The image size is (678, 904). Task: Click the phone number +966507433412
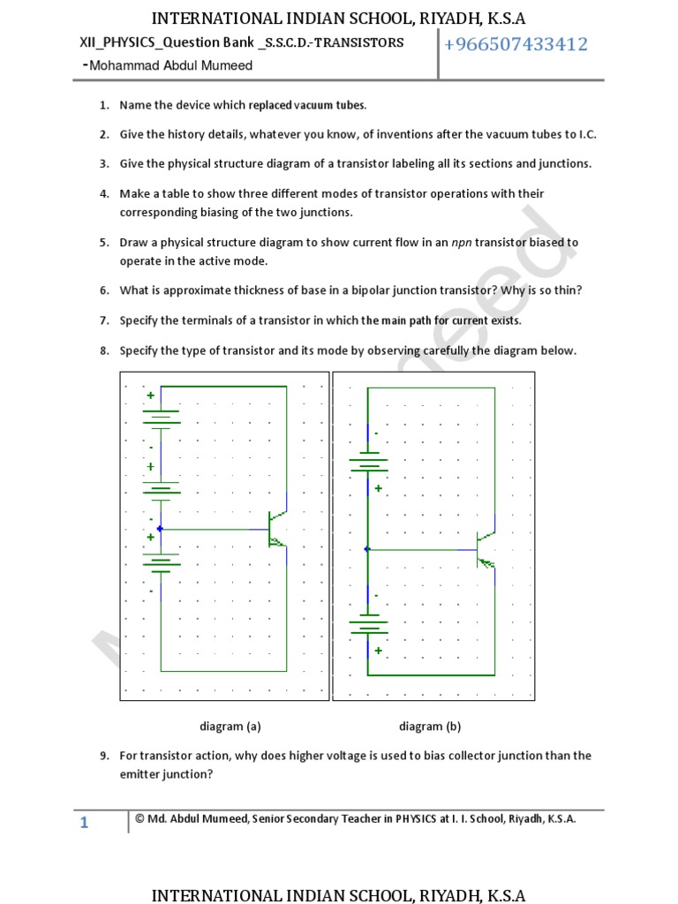pos(516,45)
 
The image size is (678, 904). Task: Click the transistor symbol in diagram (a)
pos(276,529)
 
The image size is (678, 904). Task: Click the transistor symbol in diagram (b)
pos(484,549)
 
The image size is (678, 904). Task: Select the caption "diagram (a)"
pos(230,727)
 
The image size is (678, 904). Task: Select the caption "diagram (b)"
pos(430,727)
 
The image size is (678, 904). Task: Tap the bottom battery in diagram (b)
pos(368,627)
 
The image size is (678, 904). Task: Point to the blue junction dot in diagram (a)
pos(160,529)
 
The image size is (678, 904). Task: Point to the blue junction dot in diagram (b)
pos(367,549)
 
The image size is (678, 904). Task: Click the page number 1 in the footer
pos(84,824)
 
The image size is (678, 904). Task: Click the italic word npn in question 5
pos(462,242)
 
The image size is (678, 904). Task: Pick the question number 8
pos(103,350)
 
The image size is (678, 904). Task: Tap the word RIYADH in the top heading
pos(439,19)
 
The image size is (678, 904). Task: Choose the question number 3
pos(103,163)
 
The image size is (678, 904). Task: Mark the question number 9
pos(103,756)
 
